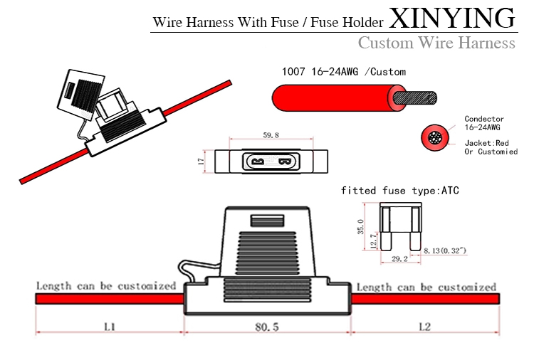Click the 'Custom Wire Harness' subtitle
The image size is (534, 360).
tap(436, 43)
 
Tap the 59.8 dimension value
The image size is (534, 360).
tap(271, 134)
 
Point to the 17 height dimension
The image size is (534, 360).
tap(201, 162)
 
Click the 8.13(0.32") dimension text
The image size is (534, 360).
tap(445, 251)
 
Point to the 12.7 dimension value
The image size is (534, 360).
tap(373, 242)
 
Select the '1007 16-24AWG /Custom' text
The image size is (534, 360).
tap(344, 72)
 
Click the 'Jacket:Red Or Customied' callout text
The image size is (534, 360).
tap(490, 148)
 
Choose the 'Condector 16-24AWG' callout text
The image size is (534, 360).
tap(484, 123)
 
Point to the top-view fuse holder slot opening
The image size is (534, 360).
tap(270, 162)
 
